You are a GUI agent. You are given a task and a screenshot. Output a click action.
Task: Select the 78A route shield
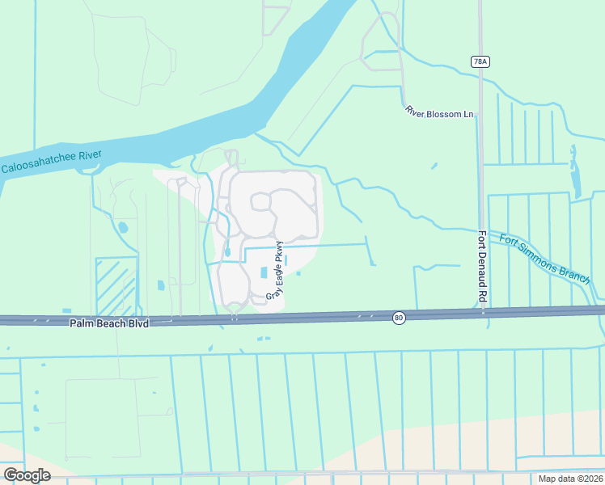[x=480, y=61]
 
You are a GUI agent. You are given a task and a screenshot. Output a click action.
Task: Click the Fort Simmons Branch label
[x=545, y=259]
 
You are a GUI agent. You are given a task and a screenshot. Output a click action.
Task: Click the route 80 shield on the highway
[x=399, y=317]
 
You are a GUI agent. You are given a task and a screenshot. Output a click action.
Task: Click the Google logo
[x=27, y=475]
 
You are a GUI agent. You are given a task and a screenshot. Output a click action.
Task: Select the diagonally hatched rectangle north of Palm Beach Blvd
[x=116, y=286]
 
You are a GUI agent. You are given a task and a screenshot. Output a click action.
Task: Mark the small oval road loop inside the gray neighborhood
[x=261, y=200]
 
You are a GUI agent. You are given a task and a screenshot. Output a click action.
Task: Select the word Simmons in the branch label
[x=547, y=259]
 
